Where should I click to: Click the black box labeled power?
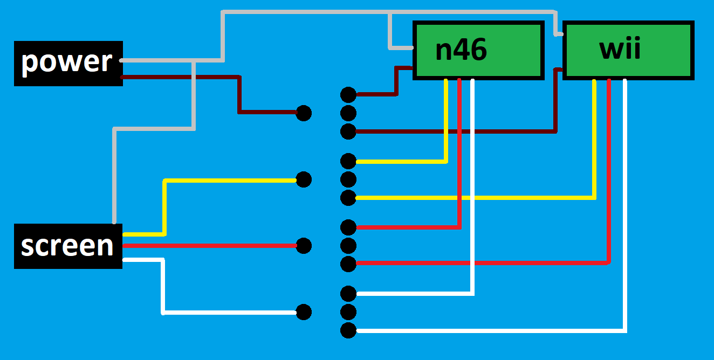pos(68,64)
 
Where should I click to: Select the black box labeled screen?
pos(68,246)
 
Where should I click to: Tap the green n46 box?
pos(478,50)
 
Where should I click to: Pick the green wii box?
pos(628,50)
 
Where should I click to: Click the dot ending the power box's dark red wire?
pos(304,113)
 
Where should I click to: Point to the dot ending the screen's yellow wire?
pos(304,179)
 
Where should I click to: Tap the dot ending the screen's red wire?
pos(304,246)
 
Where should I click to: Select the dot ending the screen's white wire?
pos(304,312)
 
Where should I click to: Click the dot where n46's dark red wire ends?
pos(348,95)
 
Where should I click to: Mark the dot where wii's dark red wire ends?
pos(348,131)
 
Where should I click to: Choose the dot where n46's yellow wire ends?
pos(348,161)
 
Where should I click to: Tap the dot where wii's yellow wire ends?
pos(348,198)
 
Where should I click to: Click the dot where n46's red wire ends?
pos(348,227)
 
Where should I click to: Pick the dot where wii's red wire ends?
pos(348,264)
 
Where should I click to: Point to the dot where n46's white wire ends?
pos(348,293)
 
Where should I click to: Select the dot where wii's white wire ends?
pos(348,330)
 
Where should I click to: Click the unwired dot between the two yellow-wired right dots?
pos(348,179)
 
